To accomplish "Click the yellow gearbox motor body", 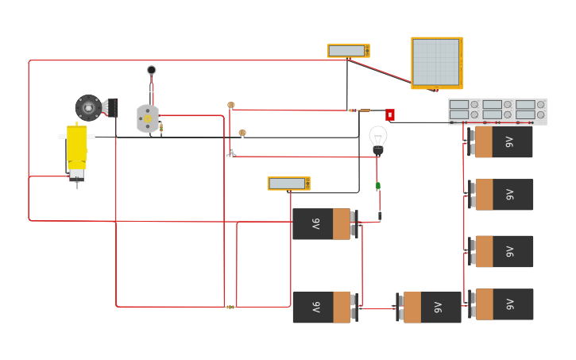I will point(76,148).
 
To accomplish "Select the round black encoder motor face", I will point(88,107).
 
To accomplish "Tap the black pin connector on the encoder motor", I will point(111,106).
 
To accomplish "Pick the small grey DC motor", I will point(147,118).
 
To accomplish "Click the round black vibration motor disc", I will point(151,70).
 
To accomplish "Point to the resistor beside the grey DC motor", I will point(161,127).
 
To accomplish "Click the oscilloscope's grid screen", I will point(435,62).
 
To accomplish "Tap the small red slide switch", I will point(390,114).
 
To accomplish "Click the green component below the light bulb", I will point(378,187).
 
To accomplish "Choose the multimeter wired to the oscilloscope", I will point(348,51).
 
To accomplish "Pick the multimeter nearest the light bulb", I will point(288,184).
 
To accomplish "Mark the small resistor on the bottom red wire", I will point(230,307).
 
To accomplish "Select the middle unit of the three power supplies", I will point(497,111).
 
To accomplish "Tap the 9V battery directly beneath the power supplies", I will point(501,142).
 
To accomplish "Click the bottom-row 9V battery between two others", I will point(429,308).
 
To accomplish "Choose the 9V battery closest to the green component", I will point(323,224).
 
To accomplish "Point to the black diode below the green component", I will point(380,215).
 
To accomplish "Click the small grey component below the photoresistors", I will point(231,151).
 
